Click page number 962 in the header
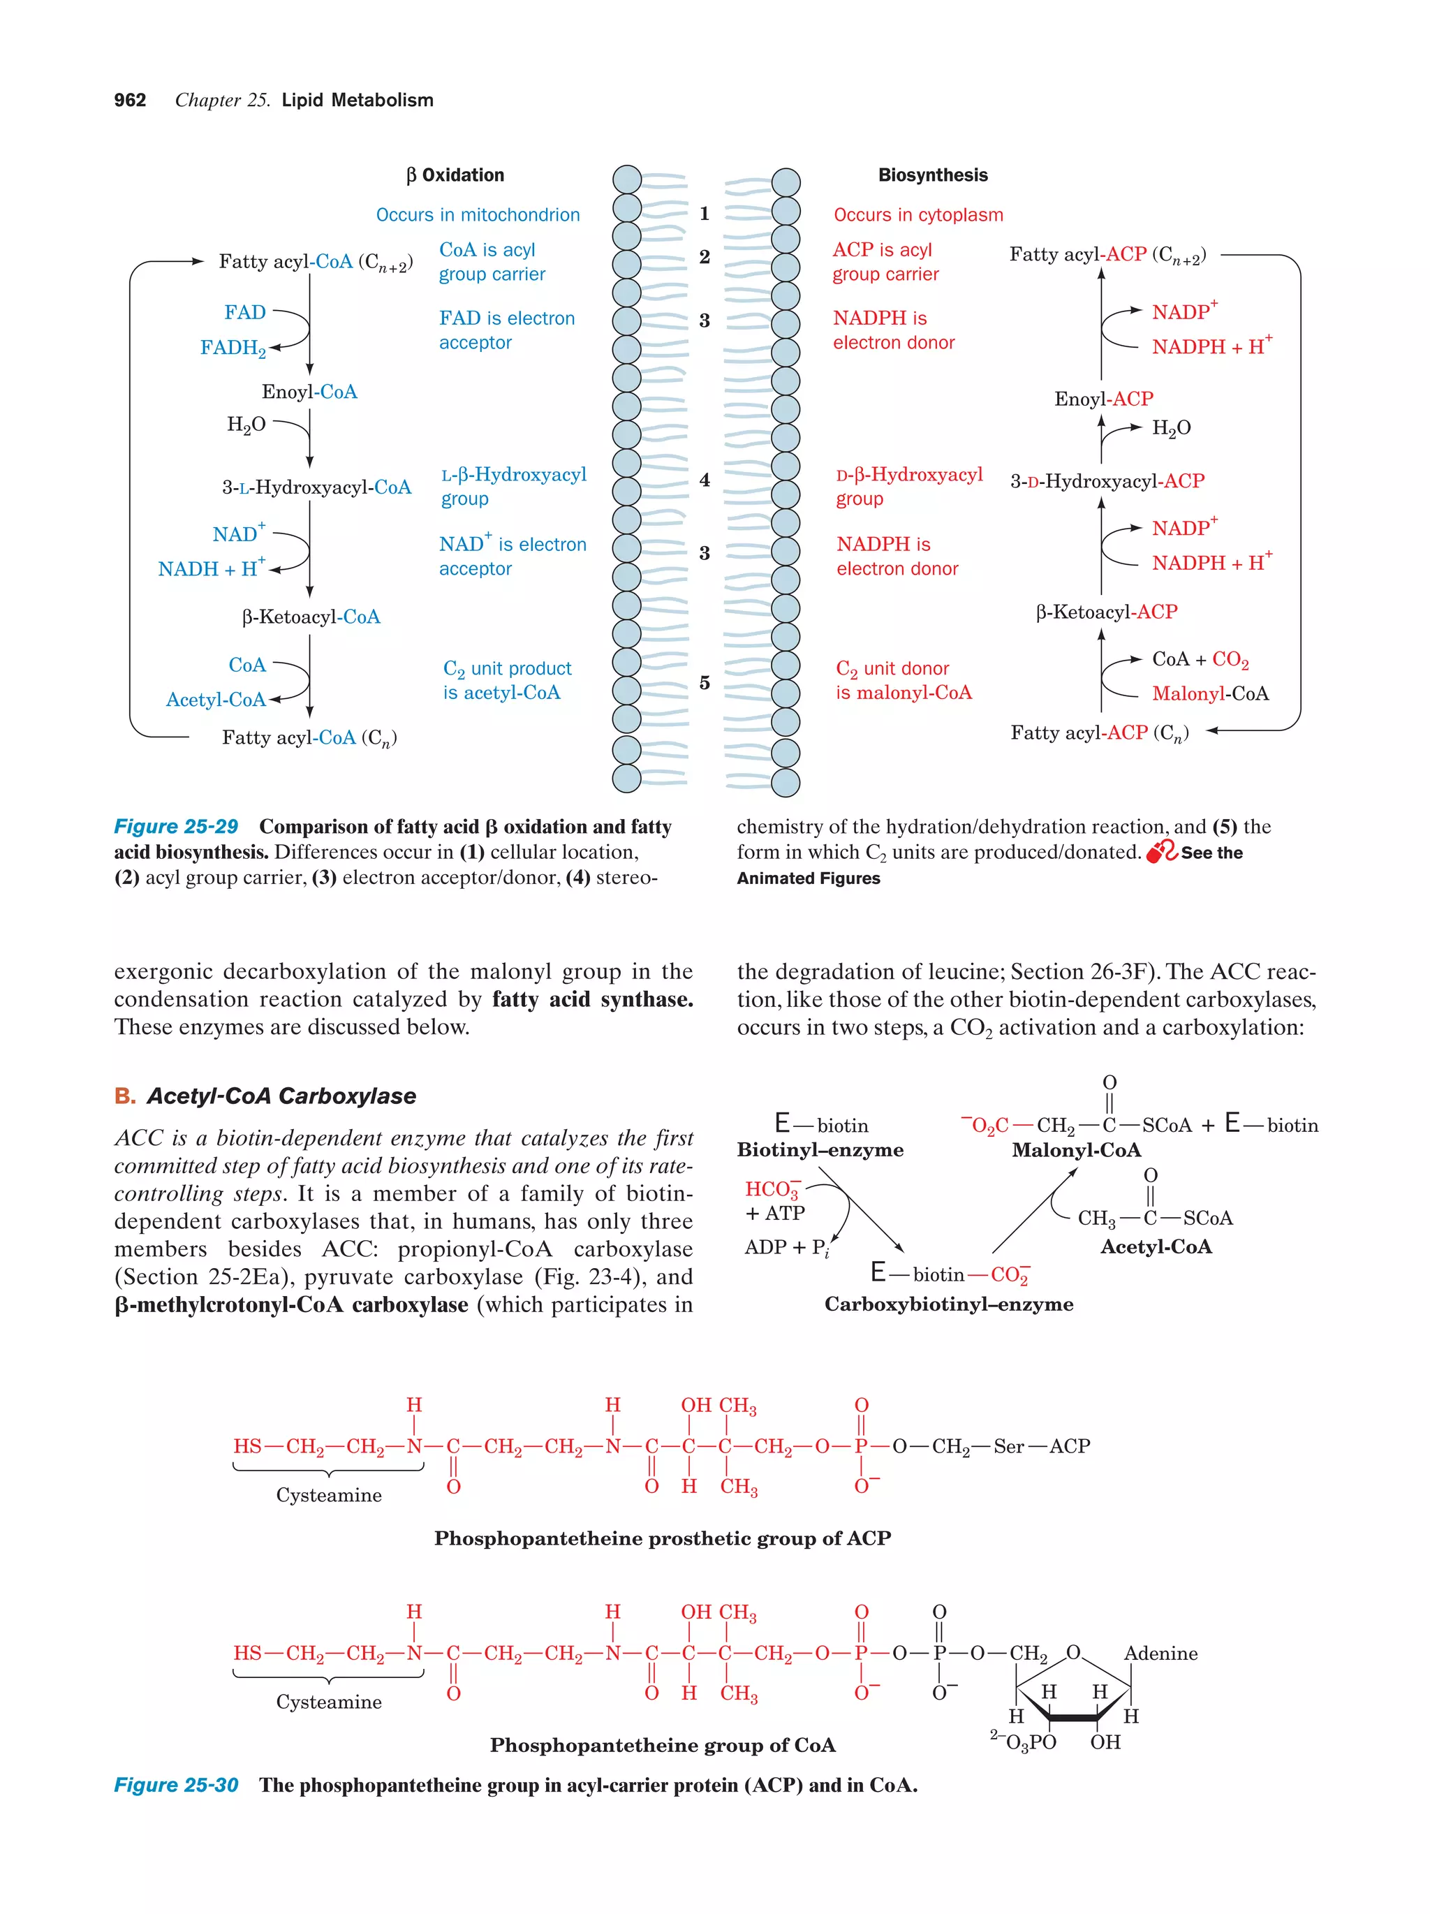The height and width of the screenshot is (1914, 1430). pos(130,101)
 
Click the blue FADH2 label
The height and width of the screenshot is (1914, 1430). pos(232,348)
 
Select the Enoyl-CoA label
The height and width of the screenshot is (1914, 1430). pos(309,392)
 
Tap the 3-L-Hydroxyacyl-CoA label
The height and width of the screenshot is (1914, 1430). pos(316,487)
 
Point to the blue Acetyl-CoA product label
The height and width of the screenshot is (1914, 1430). pos(216,699)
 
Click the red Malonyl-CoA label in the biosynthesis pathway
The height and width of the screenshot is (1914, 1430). pos(1209,693)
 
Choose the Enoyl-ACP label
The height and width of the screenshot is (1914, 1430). pos(1103,399)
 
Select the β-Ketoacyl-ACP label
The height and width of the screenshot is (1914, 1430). pos(1107,612)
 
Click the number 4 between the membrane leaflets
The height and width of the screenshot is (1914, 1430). pos(705,479)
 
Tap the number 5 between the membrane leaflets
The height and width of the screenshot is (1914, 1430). pos(705,683)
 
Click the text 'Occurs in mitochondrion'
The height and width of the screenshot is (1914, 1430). pos(478,214)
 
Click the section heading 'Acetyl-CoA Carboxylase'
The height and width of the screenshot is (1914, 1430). pos(281,1096)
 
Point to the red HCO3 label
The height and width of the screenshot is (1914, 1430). pos(772,1190)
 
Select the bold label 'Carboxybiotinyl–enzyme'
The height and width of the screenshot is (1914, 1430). pos(948,1304)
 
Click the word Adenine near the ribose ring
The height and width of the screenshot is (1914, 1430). pos(1160,1654)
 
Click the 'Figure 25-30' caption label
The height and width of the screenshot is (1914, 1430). pos(176,1785)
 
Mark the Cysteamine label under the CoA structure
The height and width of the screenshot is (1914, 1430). pos(329,1701)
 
